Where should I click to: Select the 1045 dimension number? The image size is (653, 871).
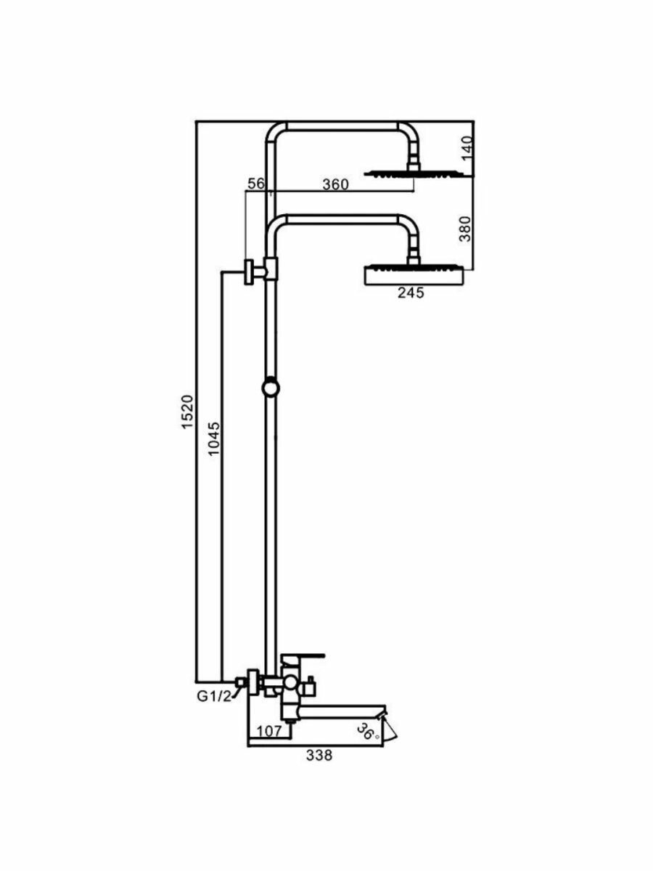[213, 438]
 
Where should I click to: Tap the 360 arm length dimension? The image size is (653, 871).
[335, 184]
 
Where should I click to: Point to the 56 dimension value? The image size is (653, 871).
[255, 184]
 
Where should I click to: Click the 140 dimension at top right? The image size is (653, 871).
[467, 148]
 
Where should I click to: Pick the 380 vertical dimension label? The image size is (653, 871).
[467, 228]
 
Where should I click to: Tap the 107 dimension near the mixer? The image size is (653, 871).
[269, 732]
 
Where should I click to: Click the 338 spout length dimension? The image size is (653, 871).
[319, 755]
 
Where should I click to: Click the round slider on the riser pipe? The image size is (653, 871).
[270, 388]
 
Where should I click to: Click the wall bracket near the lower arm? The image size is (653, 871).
[254, 271]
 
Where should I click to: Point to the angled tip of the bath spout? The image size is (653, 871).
[390, 729]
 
